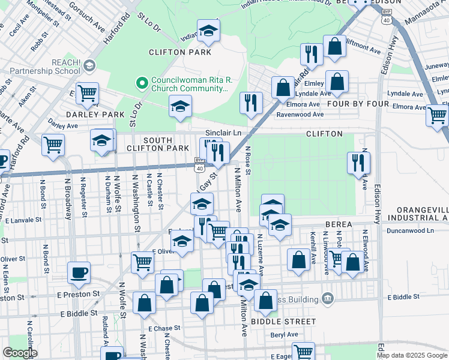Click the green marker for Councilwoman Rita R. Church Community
[143, 82]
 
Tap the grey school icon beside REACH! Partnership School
[89, 65]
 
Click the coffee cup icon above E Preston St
[79, 273]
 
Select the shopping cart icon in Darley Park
[87, 94]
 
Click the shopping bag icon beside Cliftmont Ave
[334, 47]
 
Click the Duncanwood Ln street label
[410, 230]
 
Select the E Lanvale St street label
[27, 220]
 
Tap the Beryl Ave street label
[284, 335]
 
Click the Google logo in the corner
[20, 353]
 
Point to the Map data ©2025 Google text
[412, 355]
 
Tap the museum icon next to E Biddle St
[327, 298]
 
